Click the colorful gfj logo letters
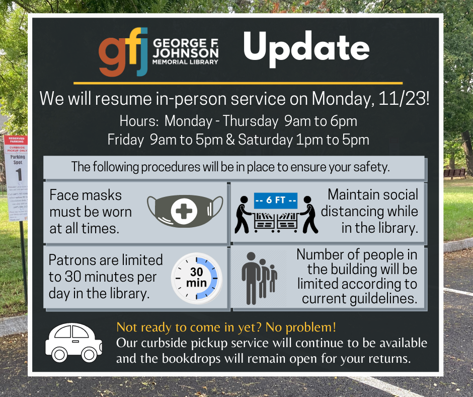point(123,52)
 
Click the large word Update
point(306,49)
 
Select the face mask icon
point(185,211)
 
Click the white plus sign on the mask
point(184,211)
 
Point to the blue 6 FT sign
point(276,201)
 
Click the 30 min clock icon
point(197,278)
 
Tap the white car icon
point(73,343)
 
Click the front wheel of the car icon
point(89,355)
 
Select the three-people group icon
point(259,278)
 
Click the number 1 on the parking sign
point(19,174)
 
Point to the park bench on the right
point(454,173)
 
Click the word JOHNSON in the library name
point(186,53)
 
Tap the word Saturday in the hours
point(265,140)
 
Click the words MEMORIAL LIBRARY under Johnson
point(185,62)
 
